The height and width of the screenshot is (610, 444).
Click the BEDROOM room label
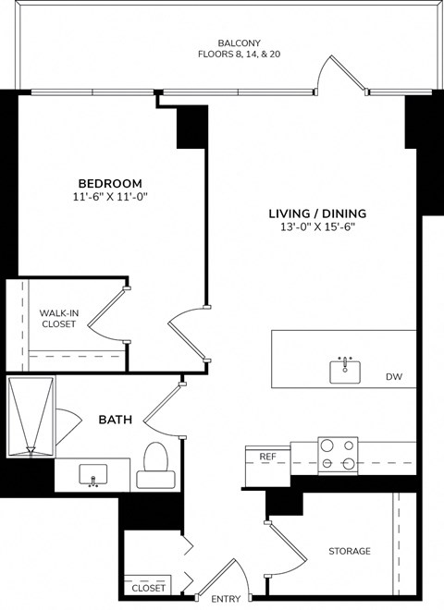point(109,182)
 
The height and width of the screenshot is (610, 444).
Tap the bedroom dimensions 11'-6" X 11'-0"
point(109,197)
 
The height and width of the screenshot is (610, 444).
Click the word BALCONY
point(238,43)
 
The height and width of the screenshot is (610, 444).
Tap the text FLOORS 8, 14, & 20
point(238,55)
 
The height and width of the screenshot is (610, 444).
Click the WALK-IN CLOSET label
point(58,319)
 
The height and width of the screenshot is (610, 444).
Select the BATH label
point(115,420)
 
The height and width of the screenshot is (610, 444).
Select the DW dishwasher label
point(394,377)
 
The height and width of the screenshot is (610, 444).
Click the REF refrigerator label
point(267,457)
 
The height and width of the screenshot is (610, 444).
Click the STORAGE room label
point(349,551)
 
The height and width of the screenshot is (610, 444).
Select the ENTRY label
point(226,599)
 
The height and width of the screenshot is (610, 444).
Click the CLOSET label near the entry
point(148,588)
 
